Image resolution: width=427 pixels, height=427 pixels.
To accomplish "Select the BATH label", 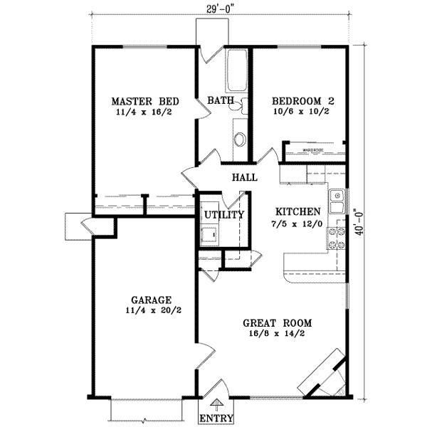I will coord(221,102).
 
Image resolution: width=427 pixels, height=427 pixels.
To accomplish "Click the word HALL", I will coord(243,177).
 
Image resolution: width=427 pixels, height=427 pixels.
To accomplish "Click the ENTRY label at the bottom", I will coord(213,418).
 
